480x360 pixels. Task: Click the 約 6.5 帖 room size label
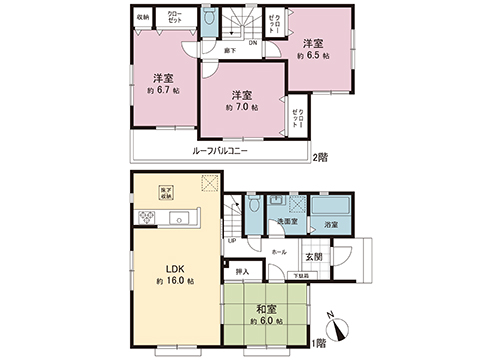point(314,56)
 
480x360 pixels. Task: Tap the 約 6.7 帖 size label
point(162,90)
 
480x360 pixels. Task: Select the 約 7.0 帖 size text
point(239,107)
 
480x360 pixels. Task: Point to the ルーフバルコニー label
point(221,150)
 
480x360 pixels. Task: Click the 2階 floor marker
point(321,158)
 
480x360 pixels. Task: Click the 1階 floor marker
point(319,343)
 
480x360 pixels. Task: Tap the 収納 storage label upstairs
point(143,17)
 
